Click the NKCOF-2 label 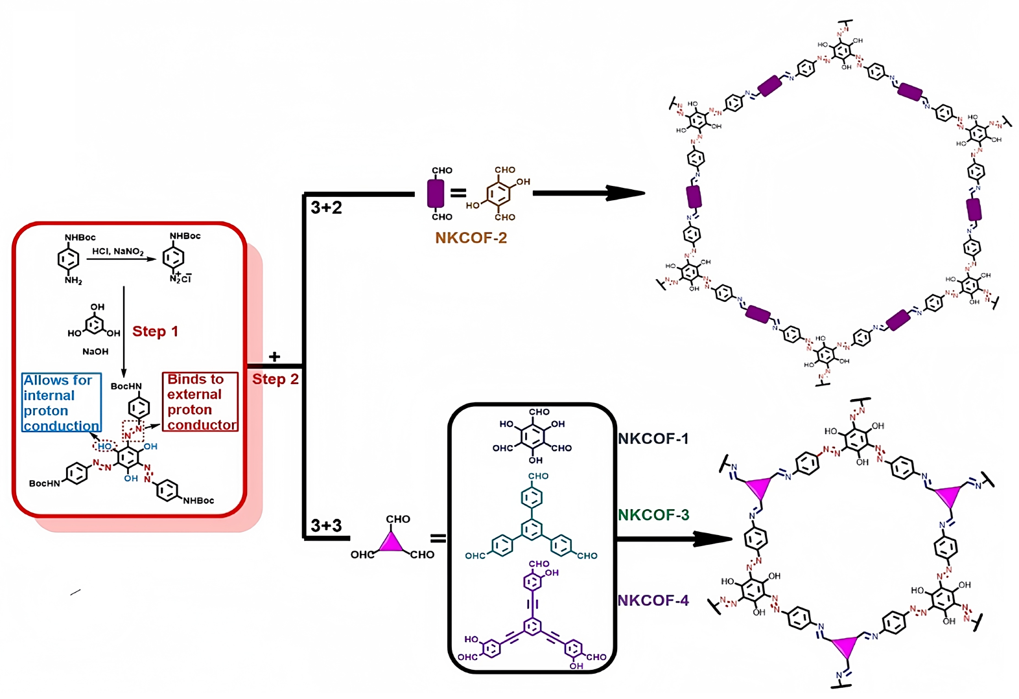471,238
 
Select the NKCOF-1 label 653,439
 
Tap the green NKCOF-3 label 653,515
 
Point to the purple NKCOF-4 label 653,601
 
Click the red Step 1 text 155,331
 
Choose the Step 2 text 275,379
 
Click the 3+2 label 326,208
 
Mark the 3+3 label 326,525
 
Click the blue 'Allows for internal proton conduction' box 62,402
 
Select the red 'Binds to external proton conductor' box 200,402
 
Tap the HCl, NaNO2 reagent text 118,251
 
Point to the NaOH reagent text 95,351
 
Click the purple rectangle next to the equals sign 436,193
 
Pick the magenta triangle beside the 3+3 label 391,542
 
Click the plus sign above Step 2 274,357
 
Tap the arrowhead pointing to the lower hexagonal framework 714,538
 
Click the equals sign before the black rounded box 438,538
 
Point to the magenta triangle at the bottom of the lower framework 845,646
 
